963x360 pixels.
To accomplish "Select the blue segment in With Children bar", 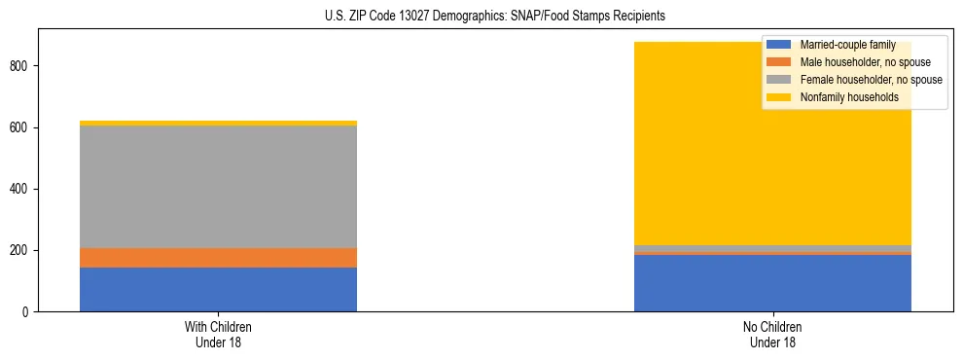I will tap(218, 289).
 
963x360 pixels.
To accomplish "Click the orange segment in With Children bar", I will tap(218, 258).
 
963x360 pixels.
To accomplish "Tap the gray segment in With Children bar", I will tap(218, 187).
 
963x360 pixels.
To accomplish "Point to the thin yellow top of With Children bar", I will tap(218, 124).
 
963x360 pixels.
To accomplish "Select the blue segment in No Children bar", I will tap(772, 283).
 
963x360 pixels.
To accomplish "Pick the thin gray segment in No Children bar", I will tap(772, 248).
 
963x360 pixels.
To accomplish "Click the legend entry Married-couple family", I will tap(847, 45).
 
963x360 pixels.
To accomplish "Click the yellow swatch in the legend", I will tap(778, 97).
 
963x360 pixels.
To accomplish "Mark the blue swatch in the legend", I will tap(778, 45).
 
